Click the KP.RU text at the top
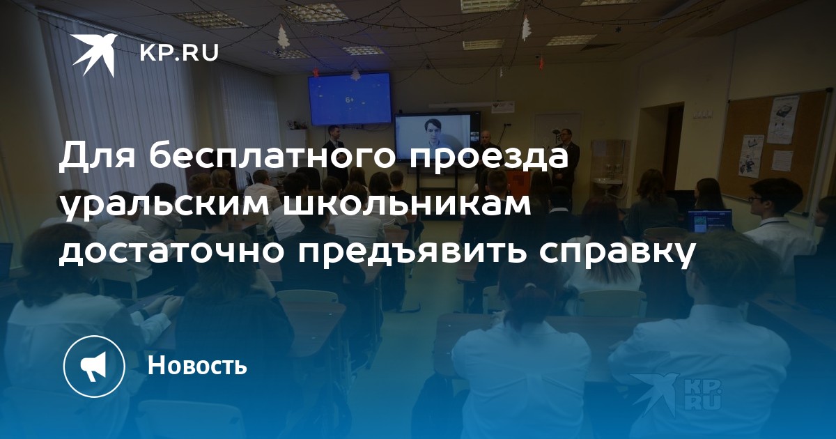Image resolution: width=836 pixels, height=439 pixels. click(x=179, y=53)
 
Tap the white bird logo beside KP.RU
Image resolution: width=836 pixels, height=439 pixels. click(x=95, y=54)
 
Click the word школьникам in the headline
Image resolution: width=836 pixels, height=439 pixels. click(x=407, y=206)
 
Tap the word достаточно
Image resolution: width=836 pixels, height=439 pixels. click(x=171, y=253)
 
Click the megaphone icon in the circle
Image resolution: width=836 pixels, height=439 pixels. click(x=94, y=367)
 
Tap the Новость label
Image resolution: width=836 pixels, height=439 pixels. click(x=197, y=364)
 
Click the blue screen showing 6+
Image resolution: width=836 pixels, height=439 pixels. click(x=349, y=99)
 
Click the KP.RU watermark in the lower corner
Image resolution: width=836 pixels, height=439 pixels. click(x=676, y=396)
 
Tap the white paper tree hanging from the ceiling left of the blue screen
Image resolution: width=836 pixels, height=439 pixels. click(x=284, y=36)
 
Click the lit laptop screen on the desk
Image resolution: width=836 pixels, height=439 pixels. click(x=709, y=222)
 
